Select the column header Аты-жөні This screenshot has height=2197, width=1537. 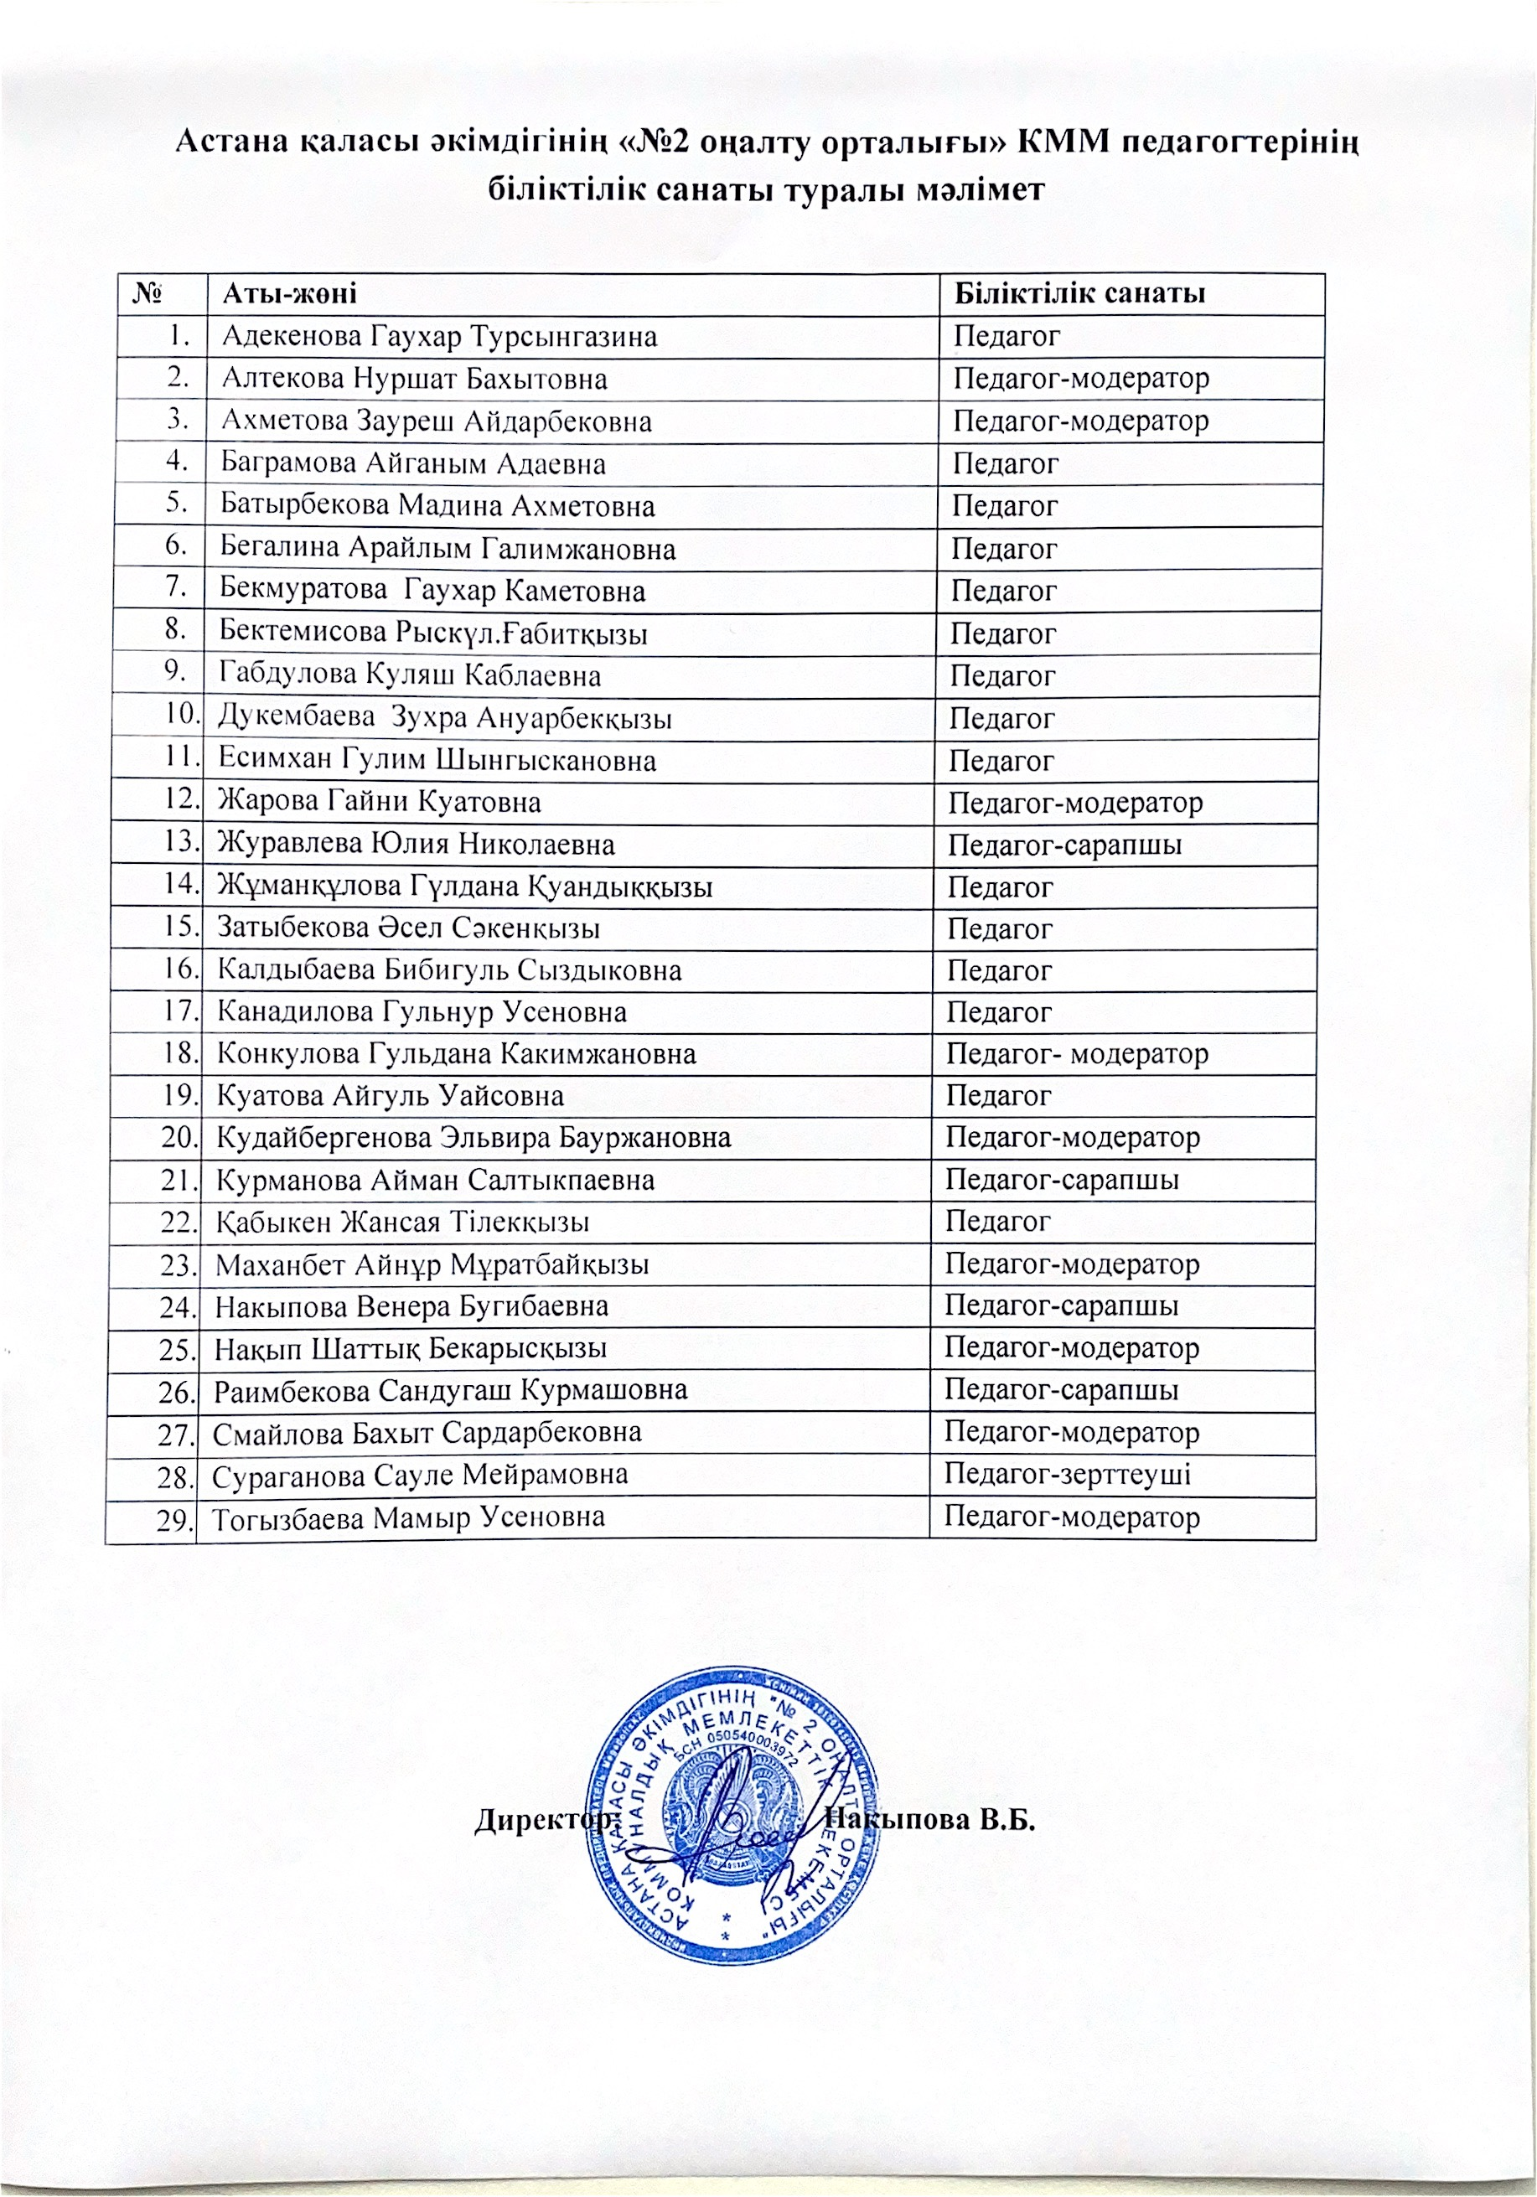[289, 294]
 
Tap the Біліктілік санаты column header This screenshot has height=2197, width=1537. [1078, 294]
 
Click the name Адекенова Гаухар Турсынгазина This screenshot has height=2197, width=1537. [439, 337]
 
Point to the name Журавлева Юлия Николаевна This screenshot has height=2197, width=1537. [416, 844]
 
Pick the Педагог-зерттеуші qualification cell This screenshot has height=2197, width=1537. [1067, 1474]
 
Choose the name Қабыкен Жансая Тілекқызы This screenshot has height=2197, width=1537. [403, 1222]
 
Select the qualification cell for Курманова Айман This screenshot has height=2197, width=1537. [1061, 1180]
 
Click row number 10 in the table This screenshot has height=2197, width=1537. [181, 714]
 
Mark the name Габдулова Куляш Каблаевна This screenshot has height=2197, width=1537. [410, 675]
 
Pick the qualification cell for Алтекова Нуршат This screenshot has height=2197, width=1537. [1080, 379]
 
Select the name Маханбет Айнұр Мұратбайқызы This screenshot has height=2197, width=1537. [432, 1265]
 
